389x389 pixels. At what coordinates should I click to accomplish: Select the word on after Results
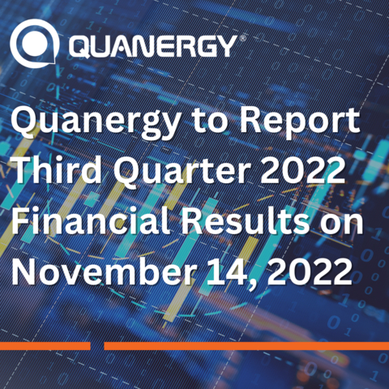click(x=350, y=223)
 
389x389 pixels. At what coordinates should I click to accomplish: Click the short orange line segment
click(x=45, y=346)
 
